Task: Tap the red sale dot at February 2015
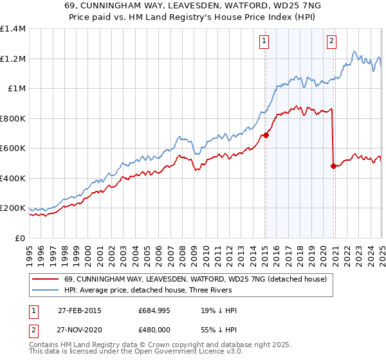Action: (x=265, y=136)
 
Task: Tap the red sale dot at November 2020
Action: (x=333, y=166)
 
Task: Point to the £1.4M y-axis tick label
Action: (x=13, y=29)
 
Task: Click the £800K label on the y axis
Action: (x=12, y=118)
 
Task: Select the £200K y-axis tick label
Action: (x=12, y=208)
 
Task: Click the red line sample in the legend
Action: (x=46, y=279)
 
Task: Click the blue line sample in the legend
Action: (x=46, y=291)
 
